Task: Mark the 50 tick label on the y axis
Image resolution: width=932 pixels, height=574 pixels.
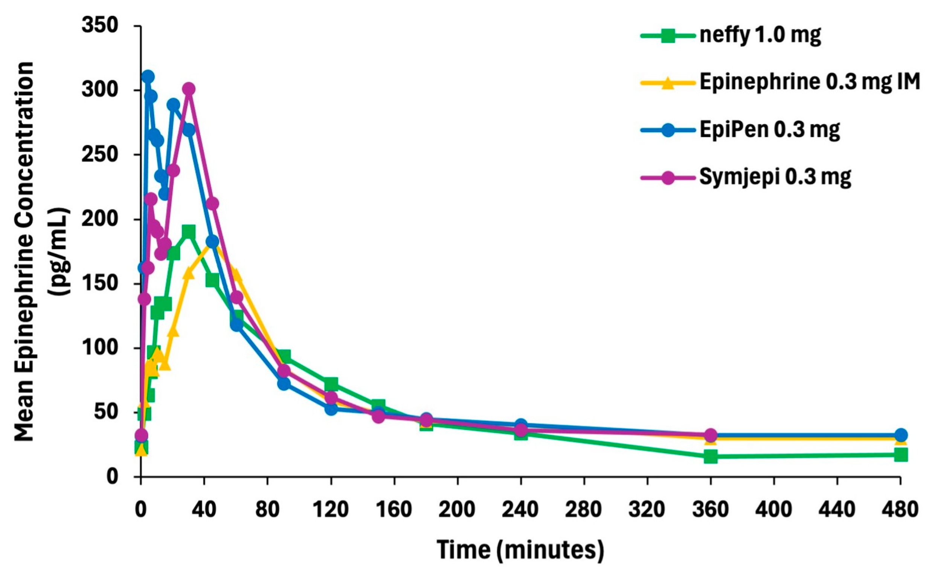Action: click(x=107, y=412)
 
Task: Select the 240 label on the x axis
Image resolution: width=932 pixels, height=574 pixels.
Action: click(x=520, y=510)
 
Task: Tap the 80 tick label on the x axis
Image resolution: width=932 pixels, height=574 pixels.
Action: click(x=267, y=510)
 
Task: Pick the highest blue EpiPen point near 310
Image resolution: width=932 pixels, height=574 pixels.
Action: click(x=148, y=77)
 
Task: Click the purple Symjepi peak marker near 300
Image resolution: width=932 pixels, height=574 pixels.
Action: click(x=189, y=89)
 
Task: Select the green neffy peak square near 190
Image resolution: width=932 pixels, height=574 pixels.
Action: click(x=189, y=231)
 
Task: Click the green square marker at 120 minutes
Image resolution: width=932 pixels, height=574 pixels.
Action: click(x=331, y=384)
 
